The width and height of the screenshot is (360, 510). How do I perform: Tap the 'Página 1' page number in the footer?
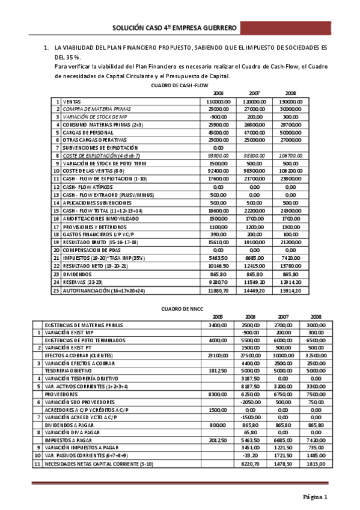click(x=314, y=497)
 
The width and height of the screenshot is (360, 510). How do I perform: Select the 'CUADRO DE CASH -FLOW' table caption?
click(x=180, y=86)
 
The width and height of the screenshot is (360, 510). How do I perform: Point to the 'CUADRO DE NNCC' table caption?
click(x=180, y=309)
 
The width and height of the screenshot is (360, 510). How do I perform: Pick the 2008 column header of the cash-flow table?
click(x=290, y=94)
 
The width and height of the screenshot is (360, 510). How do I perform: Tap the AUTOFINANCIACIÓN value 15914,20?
click(x=290, y=290)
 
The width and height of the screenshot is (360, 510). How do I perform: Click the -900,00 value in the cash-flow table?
click(x=218, y=116)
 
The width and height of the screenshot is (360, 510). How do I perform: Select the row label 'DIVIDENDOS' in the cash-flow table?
click(x=77, y=273)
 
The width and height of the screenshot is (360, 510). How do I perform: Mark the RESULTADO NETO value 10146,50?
click(x=218, y=265)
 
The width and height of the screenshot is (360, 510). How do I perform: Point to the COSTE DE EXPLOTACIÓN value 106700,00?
click(x=290, y=155)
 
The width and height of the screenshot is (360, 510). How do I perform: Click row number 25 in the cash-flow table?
click(x=57, y=290)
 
